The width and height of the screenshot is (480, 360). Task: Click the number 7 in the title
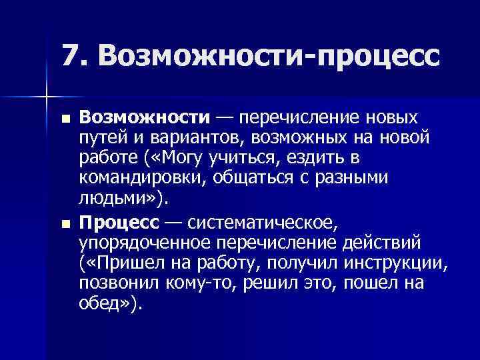[72, 57]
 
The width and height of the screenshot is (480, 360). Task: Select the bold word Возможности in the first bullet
[144, 119]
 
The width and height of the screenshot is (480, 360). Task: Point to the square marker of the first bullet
[64, 119]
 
